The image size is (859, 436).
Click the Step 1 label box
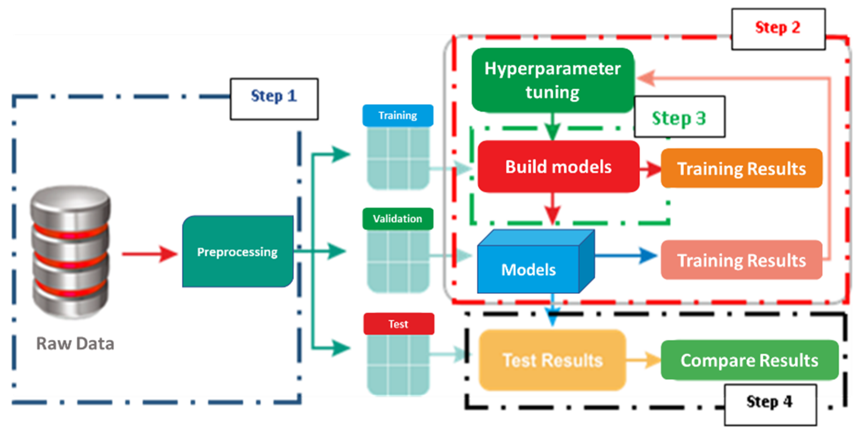pyautogui.click(x=274, y=99)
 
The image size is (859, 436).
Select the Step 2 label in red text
pyautogui.click(x=778, y=29)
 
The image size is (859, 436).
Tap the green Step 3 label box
pyautogui.click(x=679, y=117)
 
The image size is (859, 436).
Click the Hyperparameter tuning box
pyautogui.click(x=552, y=80)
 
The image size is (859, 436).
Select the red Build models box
pyautogui.click(x=558, y=166)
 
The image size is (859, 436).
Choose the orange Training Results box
pyautogui.click(x=741, y=168)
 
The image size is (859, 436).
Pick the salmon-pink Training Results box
pyautogui.click(x=741, y=260)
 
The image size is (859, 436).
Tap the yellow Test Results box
pyautogui.click(x=552, y=360)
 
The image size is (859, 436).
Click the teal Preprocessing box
pyautogui.click(x=237, y=252)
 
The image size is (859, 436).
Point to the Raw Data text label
pyautogui.click(x=75, y=344)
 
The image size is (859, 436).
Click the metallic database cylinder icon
pyautogui.click(x=70, y=251)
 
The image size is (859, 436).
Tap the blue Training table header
pyautogui.click(x=398, y=116)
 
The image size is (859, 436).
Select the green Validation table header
pyautogui.click(x=398, y=219)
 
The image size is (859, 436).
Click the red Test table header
pyautogui.click(x=398, y=324)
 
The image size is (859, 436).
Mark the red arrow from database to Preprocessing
pyautogui.click(x=149, y=254)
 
